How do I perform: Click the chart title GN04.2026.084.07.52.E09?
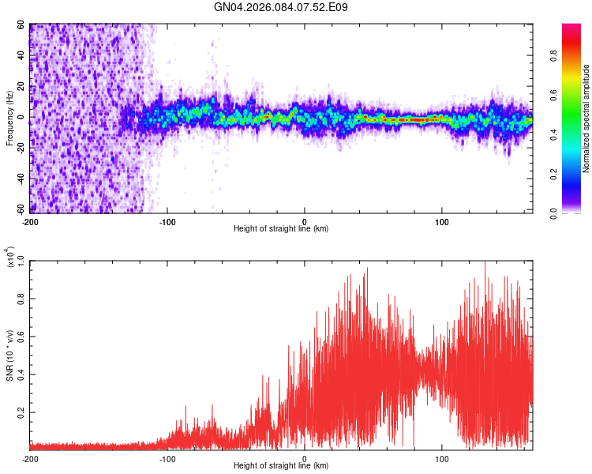282,8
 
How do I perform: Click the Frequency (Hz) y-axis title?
9,118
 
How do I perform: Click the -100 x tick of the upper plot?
167,221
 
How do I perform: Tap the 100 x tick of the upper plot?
442,221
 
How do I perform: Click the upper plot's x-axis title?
281,229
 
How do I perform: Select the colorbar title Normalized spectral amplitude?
586,118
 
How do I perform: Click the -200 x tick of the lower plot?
29,458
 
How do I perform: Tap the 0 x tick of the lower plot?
305,458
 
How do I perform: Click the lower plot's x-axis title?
281,466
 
